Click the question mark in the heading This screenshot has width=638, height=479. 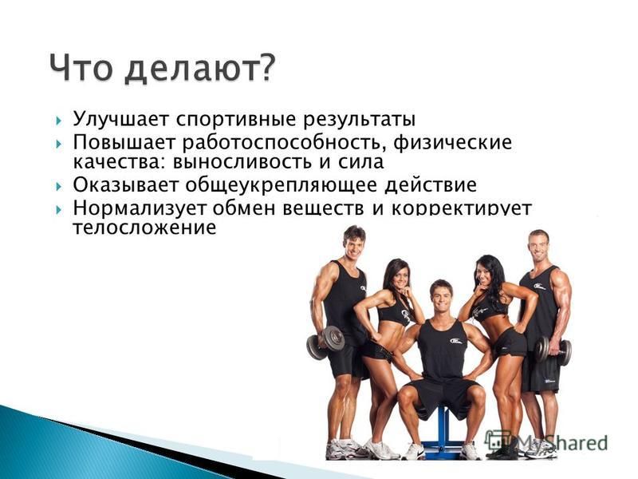[262, 67]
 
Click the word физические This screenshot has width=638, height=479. [453, 143]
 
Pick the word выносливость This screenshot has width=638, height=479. [242, 162]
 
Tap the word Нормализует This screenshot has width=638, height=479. [140, 208]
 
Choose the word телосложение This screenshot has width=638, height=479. [144, 228]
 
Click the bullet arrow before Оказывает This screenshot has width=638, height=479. [59, 187]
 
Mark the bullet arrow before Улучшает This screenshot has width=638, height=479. [59, 121]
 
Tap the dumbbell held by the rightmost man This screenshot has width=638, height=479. [553, 350]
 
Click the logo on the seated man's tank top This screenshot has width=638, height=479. [455, 341]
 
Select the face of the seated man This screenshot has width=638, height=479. [441, 297]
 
